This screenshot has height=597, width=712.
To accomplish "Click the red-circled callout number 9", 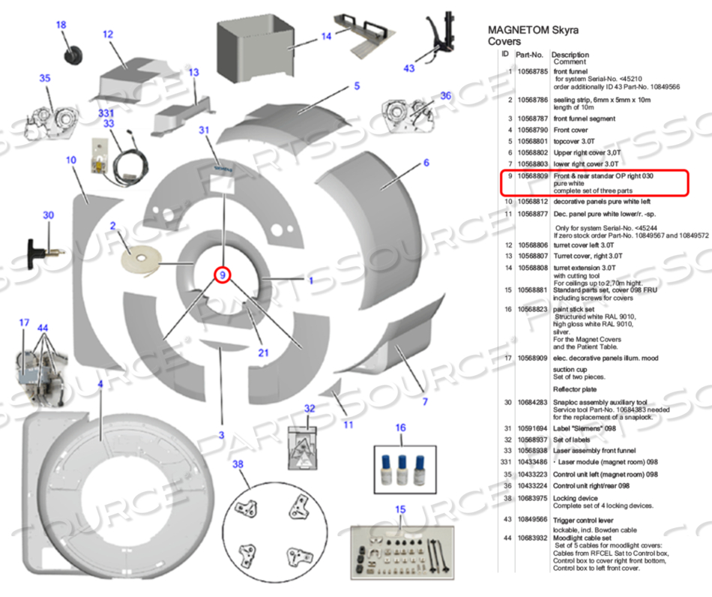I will point(222,275).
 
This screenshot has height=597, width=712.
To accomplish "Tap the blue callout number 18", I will point(61,25).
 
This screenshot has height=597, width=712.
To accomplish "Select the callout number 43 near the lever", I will point(408,68).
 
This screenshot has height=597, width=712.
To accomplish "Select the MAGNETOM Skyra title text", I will point(533,31).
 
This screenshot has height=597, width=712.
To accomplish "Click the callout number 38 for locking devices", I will point(238,465).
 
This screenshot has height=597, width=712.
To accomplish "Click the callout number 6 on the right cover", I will point(426,163).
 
